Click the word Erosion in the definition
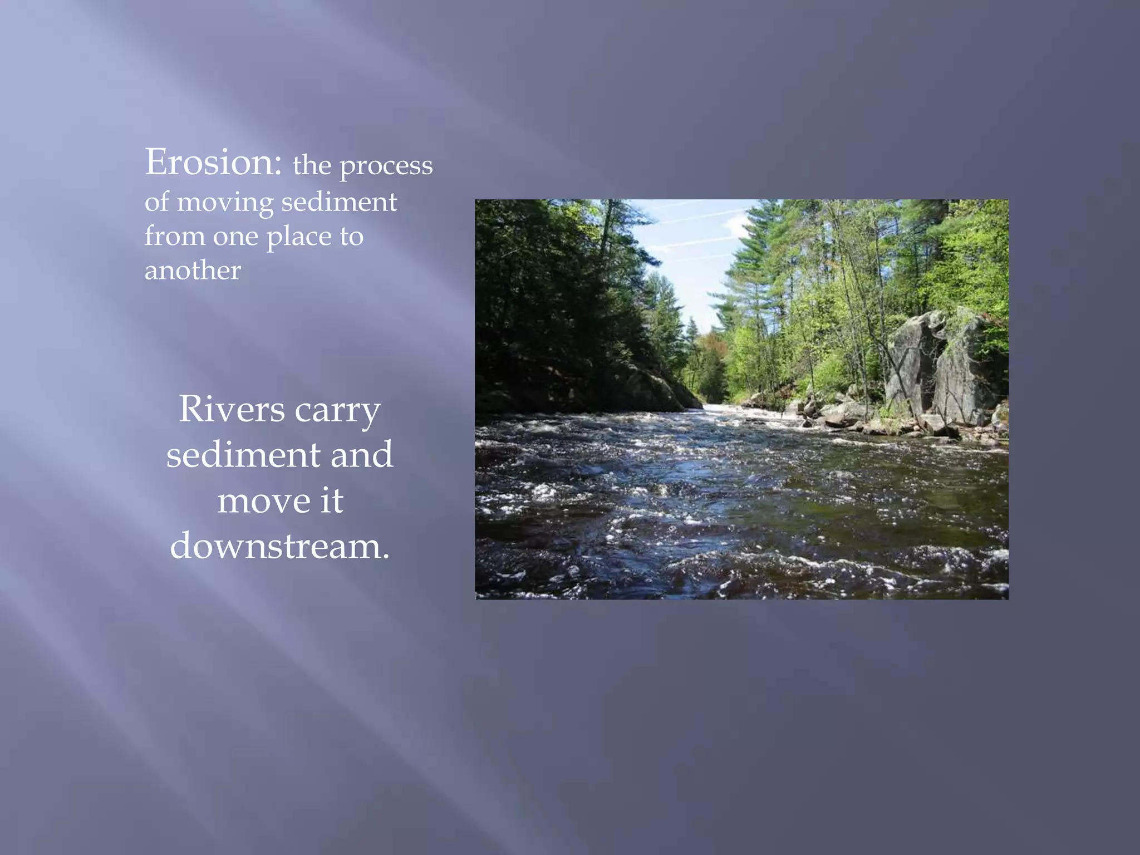coord(213,162)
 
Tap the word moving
coord(225,202)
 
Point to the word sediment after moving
coord(339,202)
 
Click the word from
coord(174,236)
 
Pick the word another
coord(193,271)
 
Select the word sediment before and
coord(243,454)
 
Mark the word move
coord(263,500)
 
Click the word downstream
coord(279,546)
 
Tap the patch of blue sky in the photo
coord(690,250)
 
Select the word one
coord(235,237)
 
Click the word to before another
coord(351,237)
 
